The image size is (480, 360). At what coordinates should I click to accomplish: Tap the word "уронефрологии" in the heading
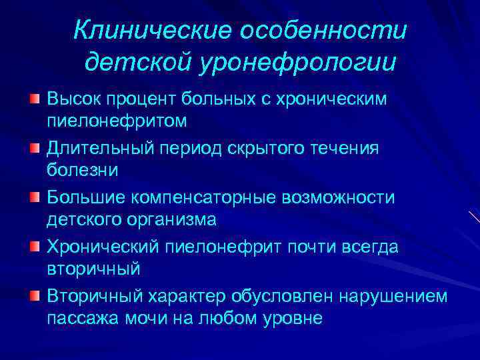tap(297, 63)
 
